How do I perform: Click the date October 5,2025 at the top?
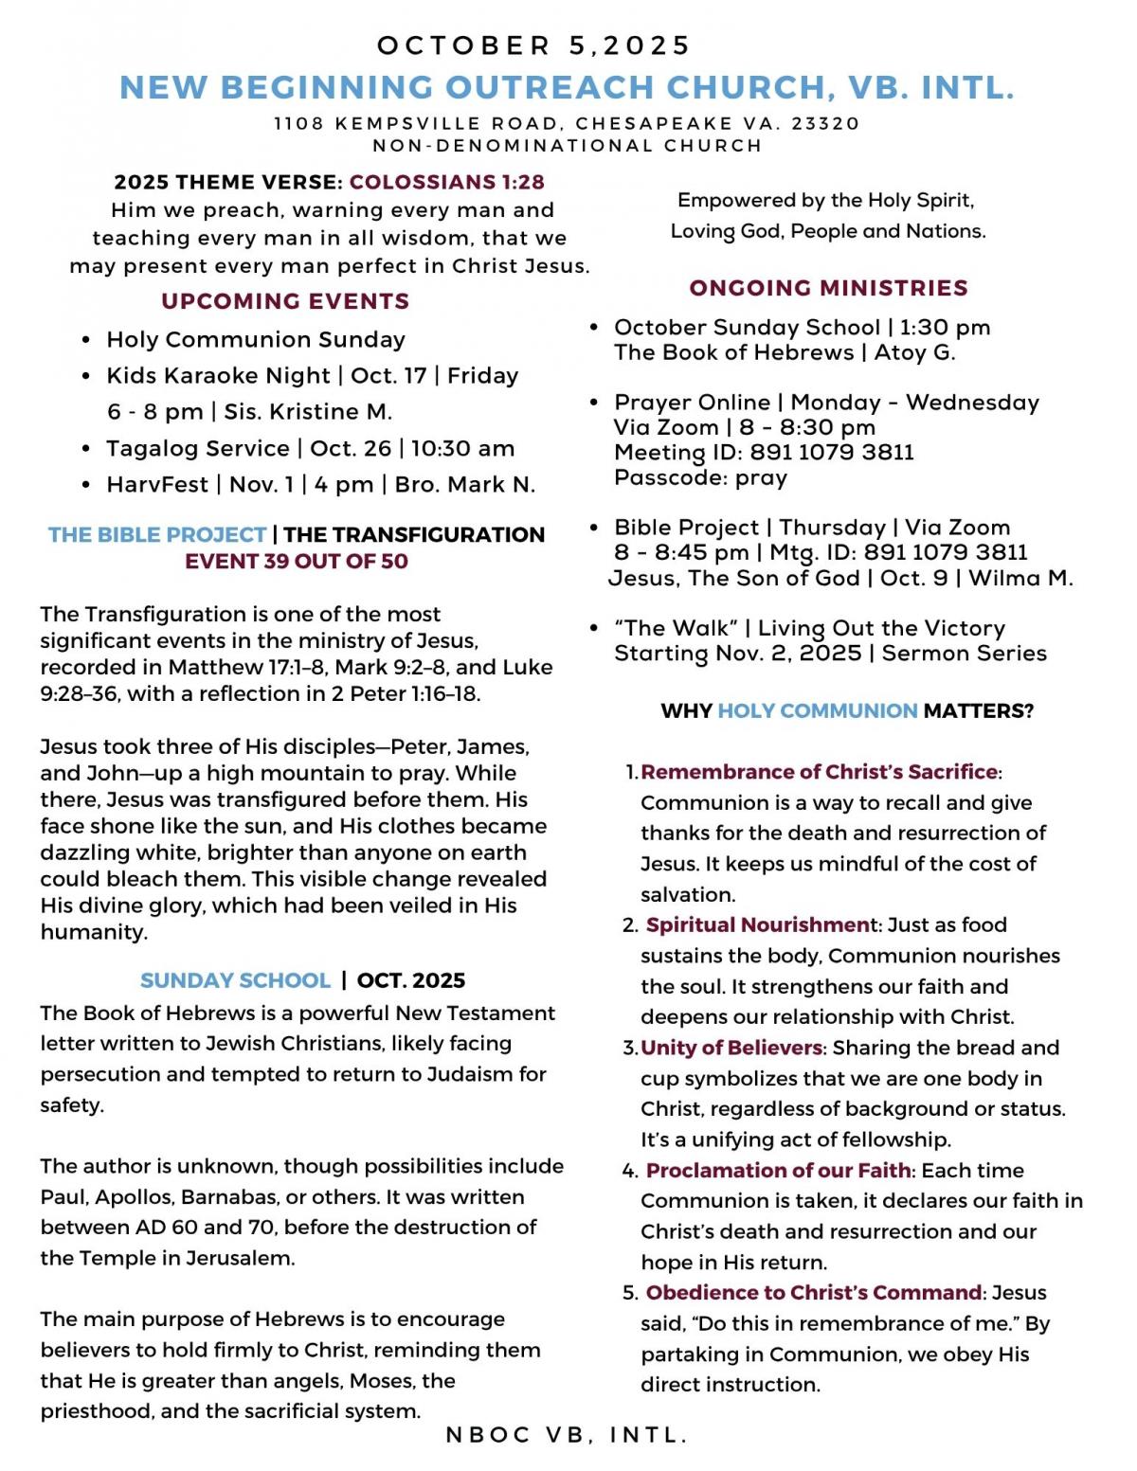[534, 45]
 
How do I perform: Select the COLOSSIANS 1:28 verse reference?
[446, 182]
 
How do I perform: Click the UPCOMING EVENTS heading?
[285, 301]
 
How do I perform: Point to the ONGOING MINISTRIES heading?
[828, 288]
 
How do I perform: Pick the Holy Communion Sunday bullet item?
[256, 339]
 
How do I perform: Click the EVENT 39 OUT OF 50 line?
[297, 561]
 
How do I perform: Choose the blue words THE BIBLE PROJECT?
[157, 534]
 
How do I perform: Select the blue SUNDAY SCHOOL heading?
[235, 980]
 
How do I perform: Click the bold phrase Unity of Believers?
[731, 1048]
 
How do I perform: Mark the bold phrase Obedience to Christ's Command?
[813, 1292]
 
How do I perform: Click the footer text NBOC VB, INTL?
[567, 1435]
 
